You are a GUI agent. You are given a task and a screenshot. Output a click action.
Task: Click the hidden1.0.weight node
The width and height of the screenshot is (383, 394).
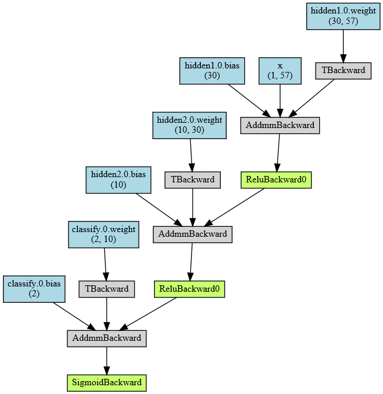tap(343, 16)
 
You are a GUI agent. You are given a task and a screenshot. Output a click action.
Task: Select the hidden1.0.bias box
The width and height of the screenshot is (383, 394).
tap(211, 70)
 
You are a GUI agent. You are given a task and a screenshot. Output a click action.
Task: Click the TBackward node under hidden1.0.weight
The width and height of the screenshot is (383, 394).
tap(343, 70)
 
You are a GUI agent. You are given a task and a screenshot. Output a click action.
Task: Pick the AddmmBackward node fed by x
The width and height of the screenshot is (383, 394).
tap(280, 125)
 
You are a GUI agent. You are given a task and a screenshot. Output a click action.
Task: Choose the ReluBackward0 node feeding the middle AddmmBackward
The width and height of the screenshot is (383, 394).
tap(275, 180)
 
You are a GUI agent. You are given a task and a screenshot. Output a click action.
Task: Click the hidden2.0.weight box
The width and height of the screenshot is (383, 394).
tap(189, 125)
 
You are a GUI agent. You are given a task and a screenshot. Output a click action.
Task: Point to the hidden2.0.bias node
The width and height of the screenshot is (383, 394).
tap(119, 179)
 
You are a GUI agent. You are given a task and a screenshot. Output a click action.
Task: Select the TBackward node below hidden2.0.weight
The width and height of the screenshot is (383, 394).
tap(193, 180)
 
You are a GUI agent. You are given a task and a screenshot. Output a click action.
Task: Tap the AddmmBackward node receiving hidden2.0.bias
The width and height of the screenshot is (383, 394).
tap(193, 234)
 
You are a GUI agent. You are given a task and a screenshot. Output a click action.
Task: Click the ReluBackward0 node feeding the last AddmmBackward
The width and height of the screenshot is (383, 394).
tap(189, 289)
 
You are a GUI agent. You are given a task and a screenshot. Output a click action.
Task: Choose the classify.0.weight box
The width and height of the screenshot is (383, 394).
tap(103, 234)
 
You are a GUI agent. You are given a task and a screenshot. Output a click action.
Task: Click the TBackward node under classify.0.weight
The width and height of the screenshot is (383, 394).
tap(107, 289)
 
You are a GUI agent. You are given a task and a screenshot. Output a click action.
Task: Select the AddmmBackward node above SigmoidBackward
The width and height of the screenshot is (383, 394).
tap(107, 338)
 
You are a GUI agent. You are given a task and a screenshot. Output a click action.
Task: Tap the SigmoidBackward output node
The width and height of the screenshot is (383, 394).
tap(107, 383)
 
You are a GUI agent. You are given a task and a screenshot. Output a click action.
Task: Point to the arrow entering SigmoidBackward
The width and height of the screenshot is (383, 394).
tap(107, 360)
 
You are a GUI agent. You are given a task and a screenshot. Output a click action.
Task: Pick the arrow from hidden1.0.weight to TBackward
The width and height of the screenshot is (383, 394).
tap(343, 46)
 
